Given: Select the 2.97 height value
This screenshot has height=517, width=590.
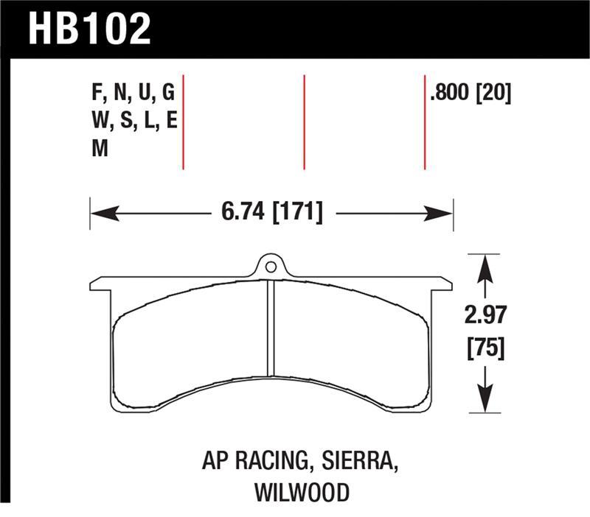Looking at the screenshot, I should tap(485, 320).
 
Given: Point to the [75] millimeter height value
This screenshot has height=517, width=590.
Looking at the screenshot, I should tap(485, 348).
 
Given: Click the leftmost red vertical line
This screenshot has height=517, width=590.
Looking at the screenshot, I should tap(183, 122).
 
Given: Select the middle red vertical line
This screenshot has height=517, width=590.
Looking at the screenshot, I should tap(304, 122).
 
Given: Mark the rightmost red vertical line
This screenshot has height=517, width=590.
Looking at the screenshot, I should tap(425, 122).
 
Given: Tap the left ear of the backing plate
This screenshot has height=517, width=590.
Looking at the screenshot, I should tap(100, 284).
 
